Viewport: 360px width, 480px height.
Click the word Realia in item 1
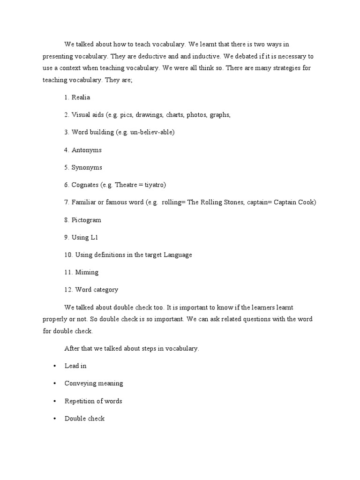coord(81,97)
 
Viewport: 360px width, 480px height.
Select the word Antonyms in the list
coord(86,150)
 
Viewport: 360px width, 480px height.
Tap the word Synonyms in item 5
coord(87,167)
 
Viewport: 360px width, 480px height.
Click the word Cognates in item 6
coord(85,185)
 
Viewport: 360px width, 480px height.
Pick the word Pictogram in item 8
coord(86,220)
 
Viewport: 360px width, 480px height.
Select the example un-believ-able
coord(151,132)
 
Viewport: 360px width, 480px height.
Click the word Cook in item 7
coord(307,202)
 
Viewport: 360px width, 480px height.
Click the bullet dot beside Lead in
coord(54,366)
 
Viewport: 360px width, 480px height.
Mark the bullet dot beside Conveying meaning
coord(54,383)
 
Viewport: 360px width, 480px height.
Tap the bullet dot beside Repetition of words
coord(54,401)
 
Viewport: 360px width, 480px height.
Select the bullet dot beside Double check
coord(54,419)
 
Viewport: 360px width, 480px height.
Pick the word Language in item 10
coord(176,255)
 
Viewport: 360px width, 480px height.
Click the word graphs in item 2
coord(220,115)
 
